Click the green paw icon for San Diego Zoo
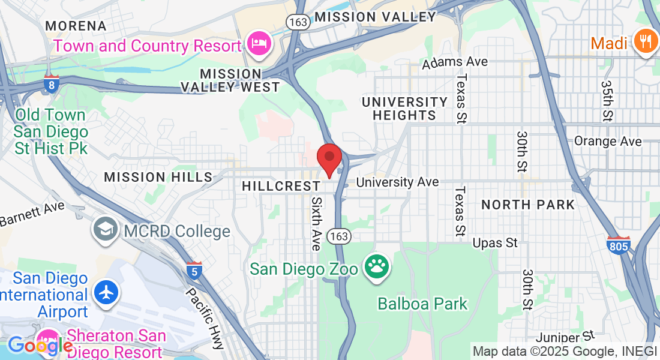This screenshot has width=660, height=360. [377, 267]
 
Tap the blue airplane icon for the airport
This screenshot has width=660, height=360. [107, 294]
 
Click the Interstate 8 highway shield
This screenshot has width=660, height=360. [52, 85]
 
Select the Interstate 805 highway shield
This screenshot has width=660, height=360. [619, 245]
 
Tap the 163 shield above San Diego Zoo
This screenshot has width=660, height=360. [338, 236]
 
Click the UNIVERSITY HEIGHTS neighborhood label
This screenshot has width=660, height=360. [404, 109]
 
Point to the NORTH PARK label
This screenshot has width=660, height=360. [528, 205]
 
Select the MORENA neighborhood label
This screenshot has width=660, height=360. [76, 26]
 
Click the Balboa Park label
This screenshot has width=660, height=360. [422, 304]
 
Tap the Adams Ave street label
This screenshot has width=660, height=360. [455, 62]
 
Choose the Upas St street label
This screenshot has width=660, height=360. [495, 243]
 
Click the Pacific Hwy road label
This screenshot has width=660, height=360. [205, 318]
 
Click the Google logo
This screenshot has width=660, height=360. [40, 346]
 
